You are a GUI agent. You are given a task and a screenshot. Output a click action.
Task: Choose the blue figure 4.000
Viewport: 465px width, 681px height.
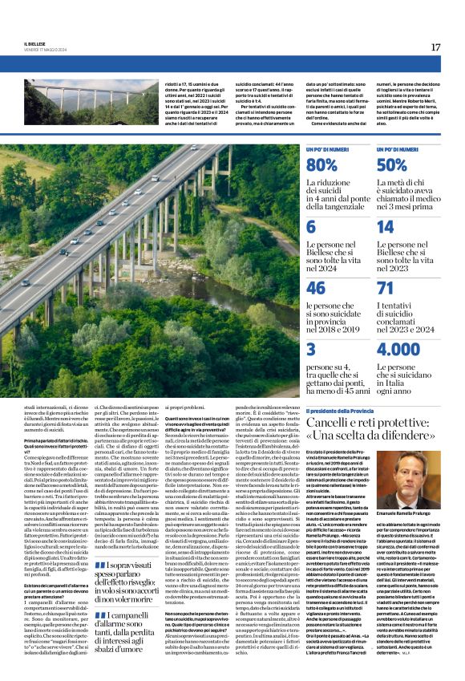coord(398,349)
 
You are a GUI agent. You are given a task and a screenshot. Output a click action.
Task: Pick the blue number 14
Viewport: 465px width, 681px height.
coord(385,227)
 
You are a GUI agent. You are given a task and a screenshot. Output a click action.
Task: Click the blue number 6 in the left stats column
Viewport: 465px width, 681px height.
coord(310,227)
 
